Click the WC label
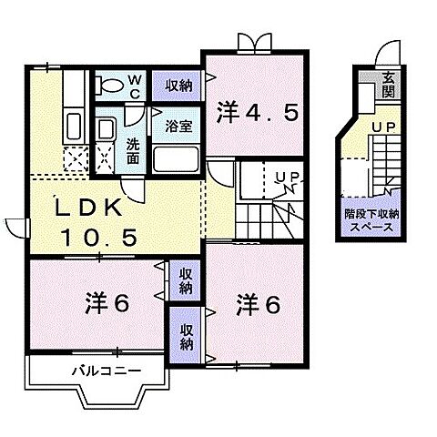pyautogui.click(x=134, y=86)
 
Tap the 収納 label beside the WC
pyautogui.click(x=178, y=86)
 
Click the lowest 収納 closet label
pyautogui.click(x=186, y=338)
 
